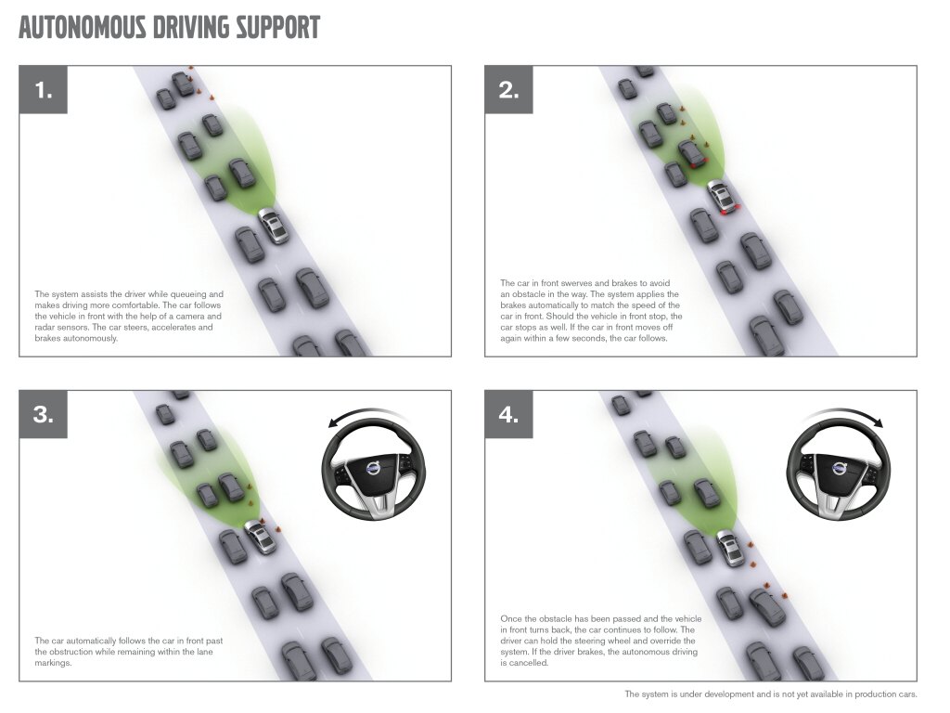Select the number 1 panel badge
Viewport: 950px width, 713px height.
(43, 90)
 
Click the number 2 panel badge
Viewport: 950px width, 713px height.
(509, 90)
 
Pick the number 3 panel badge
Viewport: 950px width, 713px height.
(43, 415)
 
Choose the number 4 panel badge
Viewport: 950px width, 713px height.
(509, 415)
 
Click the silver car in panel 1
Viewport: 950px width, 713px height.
(274, 226)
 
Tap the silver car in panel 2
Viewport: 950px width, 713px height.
(723, 197)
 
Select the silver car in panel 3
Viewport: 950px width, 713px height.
(261, 537)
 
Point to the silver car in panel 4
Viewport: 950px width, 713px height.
(731, 548)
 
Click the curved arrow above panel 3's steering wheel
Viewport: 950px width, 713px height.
(364, 411)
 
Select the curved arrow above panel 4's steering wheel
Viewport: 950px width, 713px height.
(846, 411)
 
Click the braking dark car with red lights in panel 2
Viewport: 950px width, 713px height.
(692, 153)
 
